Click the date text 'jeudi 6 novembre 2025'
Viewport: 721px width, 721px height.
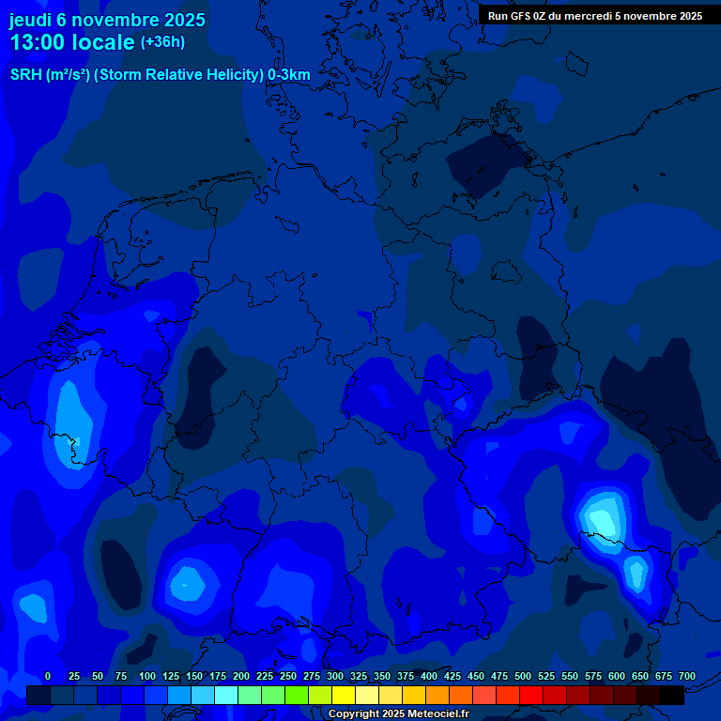pos(107,19)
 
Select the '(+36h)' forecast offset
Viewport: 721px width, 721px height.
pos(162,42)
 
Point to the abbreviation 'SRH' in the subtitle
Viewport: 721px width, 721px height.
pos(25,75)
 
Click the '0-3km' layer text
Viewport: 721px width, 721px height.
pos(289,75)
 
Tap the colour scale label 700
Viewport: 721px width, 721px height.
pos(686,677)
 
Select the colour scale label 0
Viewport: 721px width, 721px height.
pos(48,677)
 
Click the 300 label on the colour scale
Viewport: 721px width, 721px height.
pos(335,677)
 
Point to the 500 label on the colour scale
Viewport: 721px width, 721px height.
pos(523,677)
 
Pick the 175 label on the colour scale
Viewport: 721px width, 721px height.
pos(218,677)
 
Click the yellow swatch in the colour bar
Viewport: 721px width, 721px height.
pos(344,696)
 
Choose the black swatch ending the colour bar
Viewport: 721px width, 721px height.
pos(672,696)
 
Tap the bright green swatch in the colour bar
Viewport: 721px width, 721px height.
pos(297,696)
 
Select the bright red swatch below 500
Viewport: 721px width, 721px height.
pos(531,696)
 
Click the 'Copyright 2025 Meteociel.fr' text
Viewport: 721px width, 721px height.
pos(398,714)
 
